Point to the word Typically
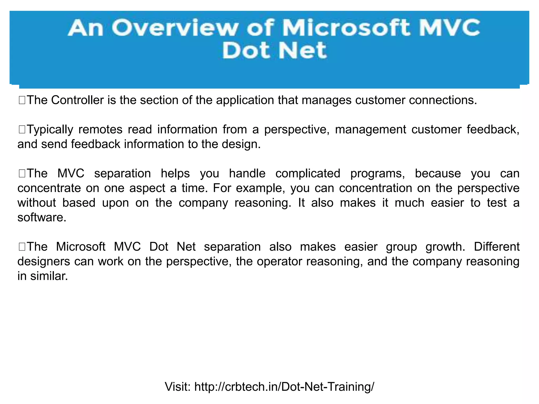[x=50, y=129]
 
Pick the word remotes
[x=100, y=129]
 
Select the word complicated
[x=308, y=174]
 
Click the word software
[x=42, y=218]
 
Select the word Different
[x=497, y=246]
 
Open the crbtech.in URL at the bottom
[x=284, y=387]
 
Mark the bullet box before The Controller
[x=22, y=100]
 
